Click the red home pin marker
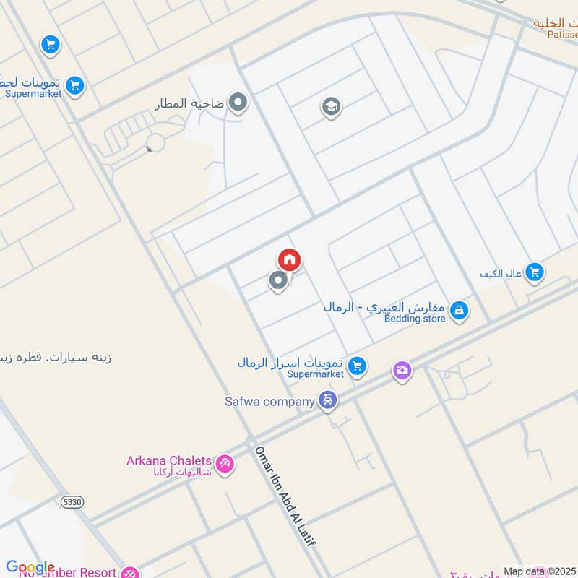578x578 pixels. [x=289, y=260]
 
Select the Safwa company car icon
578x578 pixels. [x=328, y=400]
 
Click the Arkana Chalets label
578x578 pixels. [x=169, y=461]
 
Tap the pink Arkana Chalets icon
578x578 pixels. [x=225, y=465]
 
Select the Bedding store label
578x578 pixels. [x=415, y=318]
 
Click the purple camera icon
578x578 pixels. [x=402, y=371]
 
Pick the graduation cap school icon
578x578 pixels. [x=331, y=108]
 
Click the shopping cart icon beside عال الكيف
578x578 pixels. [x=534, y=272]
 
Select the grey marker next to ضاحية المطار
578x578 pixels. [x=238, y=103]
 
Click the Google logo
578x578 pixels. [x=30, y=568]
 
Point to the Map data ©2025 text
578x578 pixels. [x=540, y=571]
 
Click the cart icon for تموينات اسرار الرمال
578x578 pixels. [x=356, y=366]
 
